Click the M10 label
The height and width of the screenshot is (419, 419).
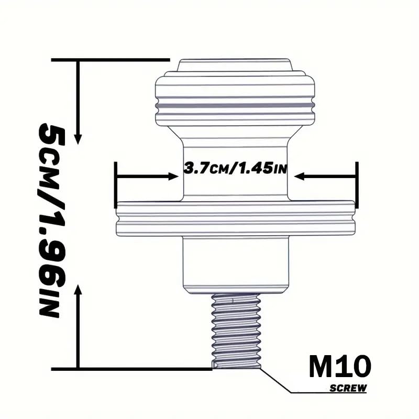[x=340, y=366]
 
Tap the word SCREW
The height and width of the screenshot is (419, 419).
[x=348, y=388]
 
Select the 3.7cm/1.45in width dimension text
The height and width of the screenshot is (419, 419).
[x=235, y=168]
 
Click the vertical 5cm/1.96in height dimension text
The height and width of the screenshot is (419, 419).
[x=51, y=220]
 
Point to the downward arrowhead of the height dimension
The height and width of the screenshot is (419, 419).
[x=78, y=139]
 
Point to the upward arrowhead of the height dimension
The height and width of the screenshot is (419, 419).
[x=78, y=290]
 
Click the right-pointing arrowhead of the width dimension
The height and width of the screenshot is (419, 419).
[x=173, y=176]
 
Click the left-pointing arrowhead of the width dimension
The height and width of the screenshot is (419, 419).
[x=299, y=176]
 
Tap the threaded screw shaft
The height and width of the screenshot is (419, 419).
[x=236, y=331]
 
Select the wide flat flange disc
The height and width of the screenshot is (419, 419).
[x=235, y=218]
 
